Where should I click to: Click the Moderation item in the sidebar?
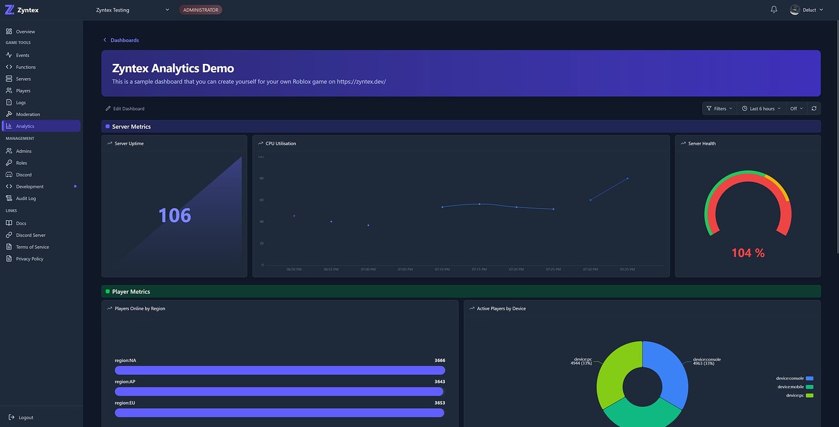[x=27, y=114]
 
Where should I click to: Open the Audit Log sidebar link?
[x=26, y=198]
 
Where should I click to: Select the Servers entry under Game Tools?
[x=23, y=79]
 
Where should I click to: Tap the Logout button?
[x=26, y=417]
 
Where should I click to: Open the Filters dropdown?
[x=719, y=109]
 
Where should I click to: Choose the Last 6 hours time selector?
[x=761, y=109]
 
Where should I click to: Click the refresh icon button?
[x=814, y=108]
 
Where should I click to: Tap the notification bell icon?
[x=774, y=10]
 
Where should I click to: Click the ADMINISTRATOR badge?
[x=201, y=10]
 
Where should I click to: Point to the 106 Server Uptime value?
[x=174, y=215]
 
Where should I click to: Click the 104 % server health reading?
[x=748, y=253]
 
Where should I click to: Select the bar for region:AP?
[x=280, y=392]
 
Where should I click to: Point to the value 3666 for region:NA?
[x=440, y=361]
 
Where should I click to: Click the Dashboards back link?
[x=124, y=40]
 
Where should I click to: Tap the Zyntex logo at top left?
[x=22, y=10]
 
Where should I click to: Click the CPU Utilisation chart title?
[x=280, y=144]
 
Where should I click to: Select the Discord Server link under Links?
[x=30, y=235]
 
